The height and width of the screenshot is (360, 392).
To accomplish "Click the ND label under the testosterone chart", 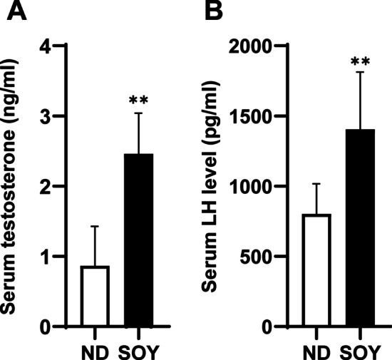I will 95,351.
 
